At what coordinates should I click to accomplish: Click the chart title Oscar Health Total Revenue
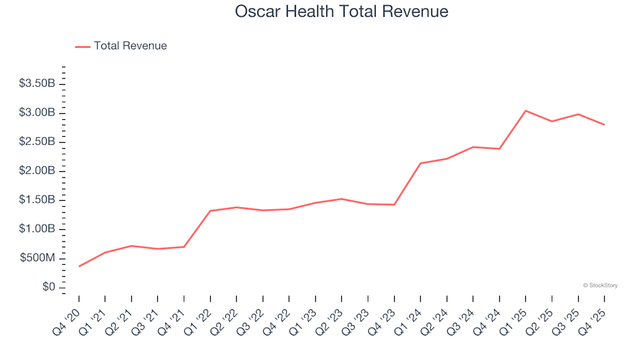point(341,12)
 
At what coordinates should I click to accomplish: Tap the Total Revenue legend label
point(130,46)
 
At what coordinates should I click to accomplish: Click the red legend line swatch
point(83,46)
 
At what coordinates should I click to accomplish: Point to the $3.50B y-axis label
point(37,84)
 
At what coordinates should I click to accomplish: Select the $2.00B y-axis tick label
point(37,171)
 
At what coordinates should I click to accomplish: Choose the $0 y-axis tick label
point(47,287)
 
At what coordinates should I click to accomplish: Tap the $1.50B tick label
point(37,200)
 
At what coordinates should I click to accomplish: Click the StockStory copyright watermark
point(600,285)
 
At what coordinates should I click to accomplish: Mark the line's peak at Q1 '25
point(525,111)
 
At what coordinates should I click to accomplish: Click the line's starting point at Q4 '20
point(79,266)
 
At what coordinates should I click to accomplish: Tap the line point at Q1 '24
point(421,163)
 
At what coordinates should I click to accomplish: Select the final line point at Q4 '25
point(604,125)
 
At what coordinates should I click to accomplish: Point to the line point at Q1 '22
point(211,211)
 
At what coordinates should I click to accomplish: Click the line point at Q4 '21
point(184,247)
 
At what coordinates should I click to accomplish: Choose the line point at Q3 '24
point(473,147)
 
